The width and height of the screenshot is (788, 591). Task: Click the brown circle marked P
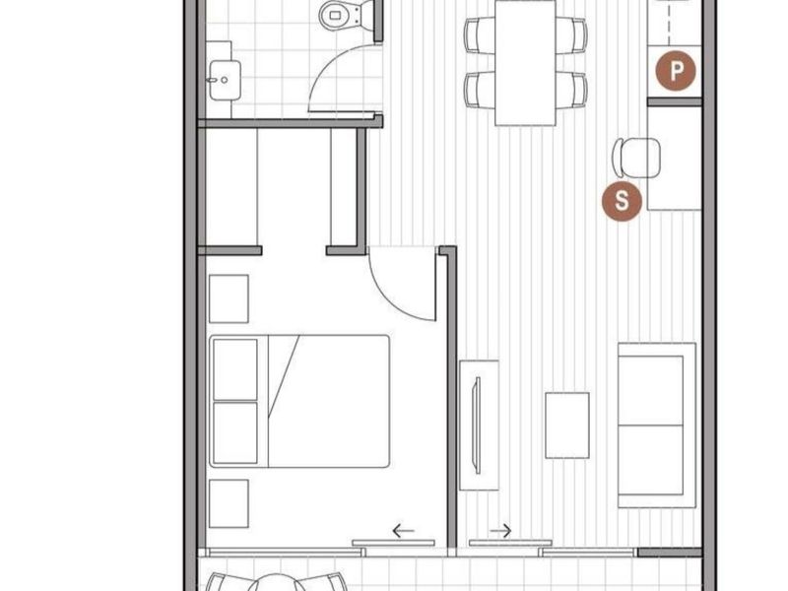[676, 71]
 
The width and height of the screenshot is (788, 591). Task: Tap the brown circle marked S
[623, 202]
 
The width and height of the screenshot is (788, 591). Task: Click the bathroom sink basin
[225, 80]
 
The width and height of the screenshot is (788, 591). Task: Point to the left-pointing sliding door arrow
[403, 530]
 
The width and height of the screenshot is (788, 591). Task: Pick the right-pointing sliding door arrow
[500, 530]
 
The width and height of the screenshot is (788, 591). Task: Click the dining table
[525, 62]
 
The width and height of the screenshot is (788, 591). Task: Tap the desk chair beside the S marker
[636, 158]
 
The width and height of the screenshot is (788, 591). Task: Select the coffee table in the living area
[567, 426]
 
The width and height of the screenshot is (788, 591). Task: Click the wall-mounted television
[478, 426]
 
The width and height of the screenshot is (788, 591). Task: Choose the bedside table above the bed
[229, 298]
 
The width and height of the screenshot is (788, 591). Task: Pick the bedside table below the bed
[229, 503]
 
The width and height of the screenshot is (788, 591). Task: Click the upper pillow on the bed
[235, 369]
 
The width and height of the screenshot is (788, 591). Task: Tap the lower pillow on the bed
[235, 432]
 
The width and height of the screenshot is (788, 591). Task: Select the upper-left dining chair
[480, 34]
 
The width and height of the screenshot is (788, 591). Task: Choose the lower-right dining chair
[571, 90]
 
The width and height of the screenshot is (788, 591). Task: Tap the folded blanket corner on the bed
[283, 376]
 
